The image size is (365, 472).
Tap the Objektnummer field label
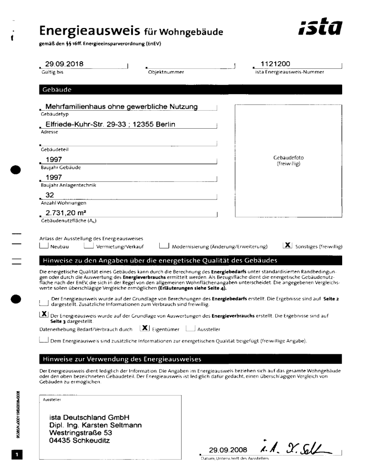[x=164, y=72]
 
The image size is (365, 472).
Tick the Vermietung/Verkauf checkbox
[x=88, y=246]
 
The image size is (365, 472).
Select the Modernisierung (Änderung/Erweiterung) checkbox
[x=164, y=246]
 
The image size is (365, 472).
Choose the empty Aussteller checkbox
[x=190, y=328]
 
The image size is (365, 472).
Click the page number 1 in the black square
[x=16, y=455]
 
